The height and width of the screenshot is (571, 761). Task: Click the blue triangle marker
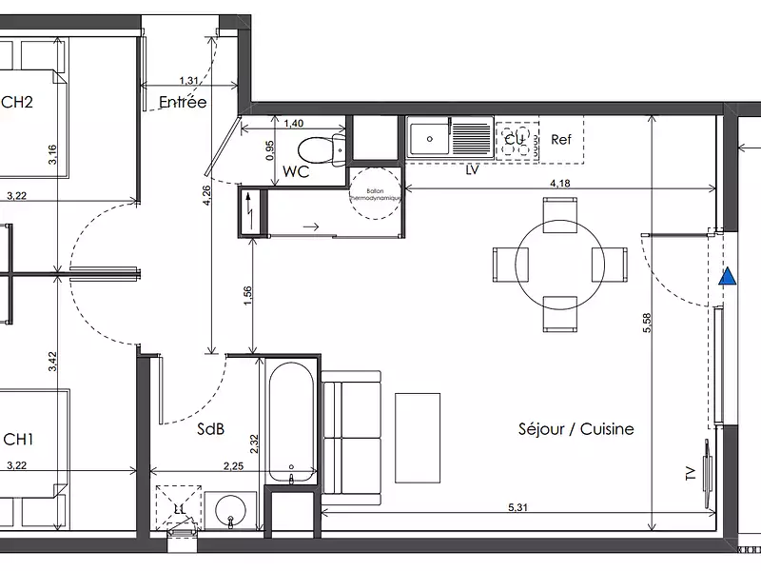point(728,277)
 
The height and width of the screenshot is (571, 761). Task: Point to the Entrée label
point(183,102)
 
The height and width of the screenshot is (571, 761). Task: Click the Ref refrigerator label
point(561,140)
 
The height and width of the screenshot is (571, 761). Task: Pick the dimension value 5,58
point(647,324)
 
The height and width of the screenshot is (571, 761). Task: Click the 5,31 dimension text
point(518,508)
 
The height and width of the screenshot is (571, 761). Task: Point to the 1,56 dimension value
point(248,296)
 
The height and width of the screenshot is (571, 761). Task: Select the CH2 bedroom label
point(17,103)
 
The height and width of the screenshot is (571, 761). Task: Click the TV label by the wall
point(691,473)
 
